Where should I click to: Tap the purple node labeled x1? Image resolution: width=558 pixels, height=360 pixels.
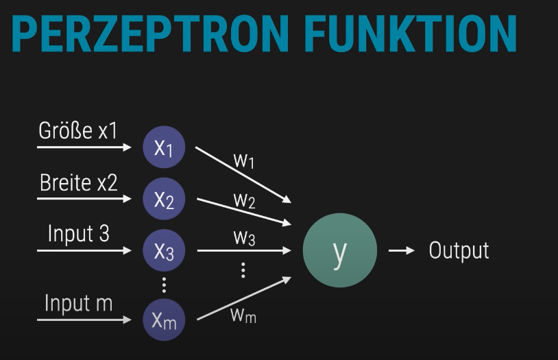click(164, 147)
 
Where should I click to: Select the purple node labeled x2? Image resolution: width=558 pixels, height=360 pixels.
click(164, 199)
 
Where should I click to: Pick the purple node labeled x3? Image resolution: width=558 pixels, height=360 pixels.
click(164, 251)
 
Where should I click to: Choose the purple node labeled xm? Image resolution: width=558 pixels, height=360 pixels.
click(164, 320)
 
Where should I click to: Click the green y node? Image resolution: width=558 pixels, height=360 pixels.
click(339, 251)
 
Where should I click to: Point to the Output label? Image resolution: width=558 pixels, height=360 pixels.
click(459, 250)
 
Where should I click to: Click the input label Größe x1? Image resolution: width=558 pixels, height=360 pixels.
click(77, 130)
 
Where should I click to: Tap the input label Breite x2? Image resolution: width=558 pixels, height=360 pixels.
click(78, 182)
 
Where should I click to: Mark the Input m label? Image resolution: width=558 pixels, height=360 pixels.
click(78, 302)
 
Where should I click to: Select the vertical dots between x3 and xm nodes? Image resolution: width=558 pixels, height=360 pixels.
click(164, 285)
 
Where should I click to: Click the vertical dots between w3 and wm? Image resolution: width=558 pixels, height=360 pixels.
click(243, 270)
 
